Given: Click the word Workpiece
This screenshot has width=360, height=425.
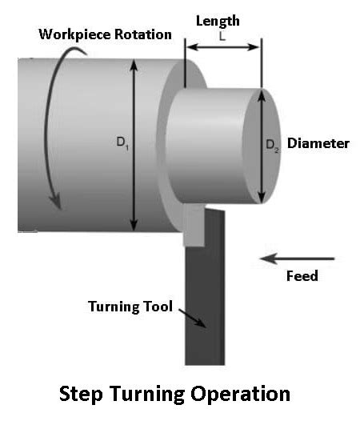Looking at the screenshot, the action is tap(75, 34).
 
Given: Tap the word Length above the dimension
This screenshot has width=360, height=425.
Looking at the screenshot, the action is tap(218, 21).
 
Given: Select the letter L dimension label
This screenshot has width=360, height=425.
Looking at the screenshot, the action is tap(222, 37).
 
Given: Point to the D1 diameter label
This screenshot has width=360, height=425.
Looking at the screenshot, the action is tap(122, 142).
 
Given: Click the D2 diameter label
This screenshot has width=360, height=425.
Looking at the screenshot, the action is tap(272, 146).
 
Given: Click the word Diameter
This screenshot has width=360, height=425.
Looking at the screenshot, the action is tap(318, 143).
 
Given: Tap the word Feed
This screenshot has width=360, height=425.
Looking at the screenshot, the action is tap(302, 276).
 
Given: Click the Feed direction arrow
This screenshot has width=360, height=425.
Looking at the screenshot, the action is tap(297, 259).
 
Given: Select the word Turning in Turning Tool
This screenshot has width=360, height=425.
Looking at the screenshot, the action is tap(114, 307).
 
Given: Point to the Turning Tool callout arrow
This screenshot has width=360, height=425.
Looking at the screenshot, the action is tap(193, 319).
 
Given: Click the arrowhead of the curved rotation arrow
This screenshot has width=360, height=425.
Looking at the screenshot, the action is tap(56, 202).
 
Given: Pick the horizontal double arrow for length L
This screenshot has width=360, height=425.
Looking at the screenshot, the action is tap(223, 47).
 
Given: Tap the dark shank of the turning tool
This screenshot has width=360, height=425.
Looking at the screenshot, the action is tap(205, 299).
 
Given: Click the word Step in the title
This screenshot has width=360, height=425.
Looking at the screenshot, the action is tap(81, 395).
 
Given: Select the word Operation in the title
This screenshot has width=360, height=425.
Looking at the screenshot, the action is tap(241, 394).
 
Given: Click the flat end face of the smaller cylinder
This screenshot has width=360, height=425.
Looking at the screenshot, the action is tap(262, 146).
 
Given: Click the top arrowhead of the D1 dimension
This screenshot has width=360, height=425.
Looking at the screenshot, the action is tap(134, 65).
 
